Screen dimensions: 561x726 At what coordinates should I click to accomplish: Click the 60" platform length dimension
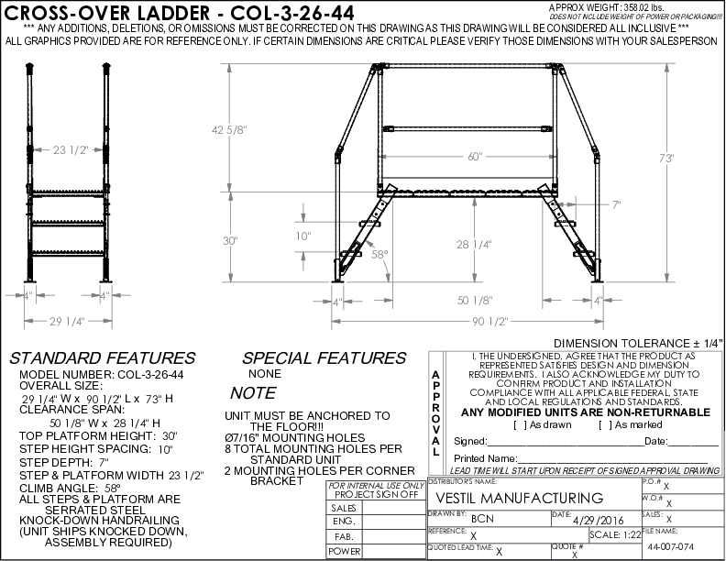pyautogui.click(x=474, y=156)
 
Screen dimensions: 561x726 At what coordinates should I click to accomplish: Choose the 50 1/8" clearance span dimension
pyautogui.click(x=474, y=299)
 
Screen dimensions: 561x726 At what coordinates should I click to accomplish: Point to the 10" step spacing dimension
pyautogui.click(x=304, y=236)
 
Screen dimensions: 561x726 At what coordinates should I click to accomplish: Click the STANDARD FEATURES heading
pyautogui.click(x=102, y=358)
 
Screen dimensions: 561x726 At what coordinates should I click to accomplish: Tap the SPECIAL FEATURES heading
pyautogui.click(x=324, y=358)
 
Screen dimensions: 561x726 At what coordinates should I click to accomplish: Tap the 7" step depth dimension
pyautogui.click(x=617, y=205)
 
